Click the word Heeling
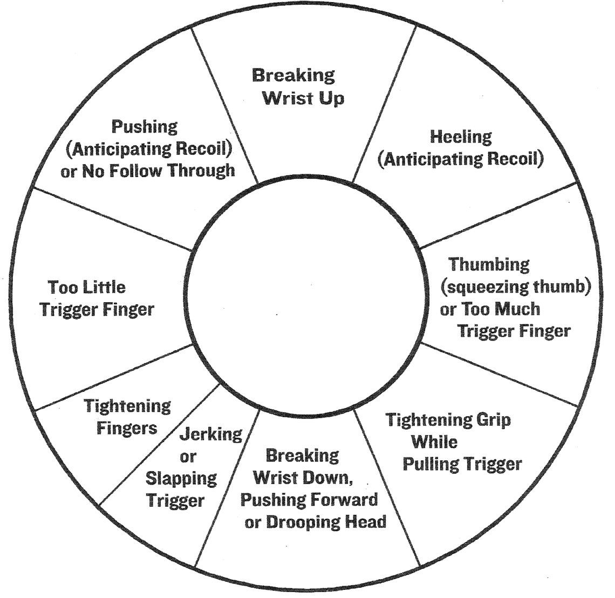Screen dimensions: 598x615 (461, 137)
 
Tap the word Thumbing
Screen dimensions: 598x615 (489, 264)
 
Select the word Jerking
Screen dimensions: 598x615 (210, 434)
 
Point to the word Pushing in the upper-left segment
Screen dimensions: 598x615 (144, 127)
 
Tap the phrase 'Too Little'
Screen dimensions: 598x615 (86, 287)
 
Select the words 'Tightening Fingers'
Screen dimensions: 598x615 (128, 416)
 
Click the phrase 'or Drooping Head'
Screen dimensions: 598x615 (315, 522)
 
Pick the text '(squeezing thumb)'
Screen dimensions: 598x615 (515, 287)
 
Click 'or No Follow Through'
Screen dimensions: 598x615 (152, 171)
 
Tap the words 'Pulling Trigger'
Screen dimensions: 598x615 (462, 464)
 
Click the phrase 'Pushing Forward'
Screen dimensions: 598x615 (309, 500)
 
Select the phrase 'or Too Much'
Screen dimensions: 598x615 (489, 309)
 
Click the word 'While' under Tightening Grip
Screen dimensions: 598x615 (434, 441)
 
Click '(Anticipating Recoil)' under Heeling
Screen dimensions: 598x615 (460, 159)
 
